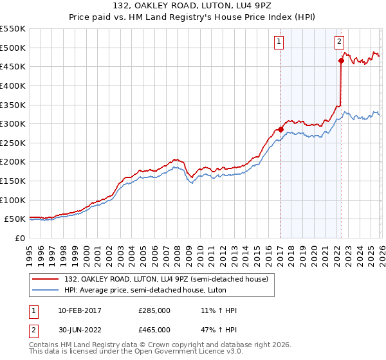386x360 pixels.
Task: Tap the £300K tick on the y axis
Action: tap(13, 123)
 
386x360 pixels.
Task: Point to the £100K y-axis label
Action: tap(13, 200)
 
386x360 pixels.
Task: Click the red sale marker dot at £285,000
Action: tap(281, 129)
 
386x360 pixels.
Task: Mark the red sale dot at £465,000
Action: tap(341, 61)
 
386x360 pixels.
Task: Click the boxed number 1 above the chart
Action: tap(279, 42)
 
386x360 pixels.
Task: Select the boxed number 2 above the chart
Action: tap(339, 42)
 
